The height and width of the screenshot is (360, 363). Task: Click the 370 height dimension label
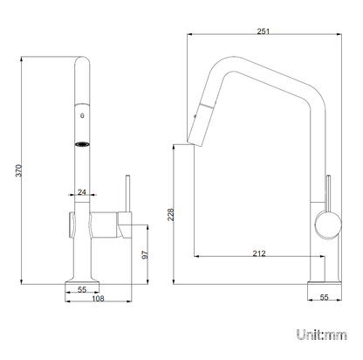(x=18, y=170)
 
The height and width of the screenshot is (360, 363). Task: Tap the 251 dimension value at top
(x=264, y=31)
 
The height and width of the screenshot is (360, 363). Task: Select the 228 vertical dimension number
(x=170, y=214)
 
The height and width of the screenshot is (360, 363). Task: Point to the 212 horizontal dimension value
(x=259, y=253)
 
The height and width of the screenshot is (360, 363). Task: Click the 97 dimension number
(x=145, y=255)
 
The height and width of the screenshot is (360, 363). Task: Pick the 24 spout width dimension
(x=82, y=192)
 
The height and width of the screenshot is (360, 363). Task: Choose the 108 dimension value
(x=98, y=298)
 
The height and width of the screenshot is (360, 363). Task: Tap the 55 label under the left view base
(x=82, y=289)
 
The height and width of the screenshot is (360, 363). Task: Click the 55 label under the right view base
(x=324, y=297)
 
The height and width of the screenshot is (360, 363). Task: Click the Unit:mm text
(x=322, y=335)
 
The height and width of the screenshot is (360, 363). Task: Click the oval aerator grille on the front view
(x=82, y=144)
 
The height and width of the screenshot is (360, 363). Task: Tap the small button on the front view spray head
(x=82, y=115)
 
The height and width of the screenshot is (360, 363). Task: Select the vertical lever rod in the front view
(x=127, y=193)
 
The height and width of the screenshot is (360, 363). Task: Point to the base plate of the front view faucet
(x=82, y=281)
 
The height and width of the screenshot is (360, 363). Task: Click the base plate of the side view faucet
(x=325, y=282)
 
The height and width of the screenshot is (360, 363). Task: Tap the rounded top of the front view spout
(x=82, y=59)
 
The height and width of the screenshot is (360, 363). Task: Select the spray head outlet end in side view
(x=194, y=142)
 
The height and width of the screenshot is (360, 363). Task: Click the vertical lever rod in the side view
(x=328, y=193)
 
